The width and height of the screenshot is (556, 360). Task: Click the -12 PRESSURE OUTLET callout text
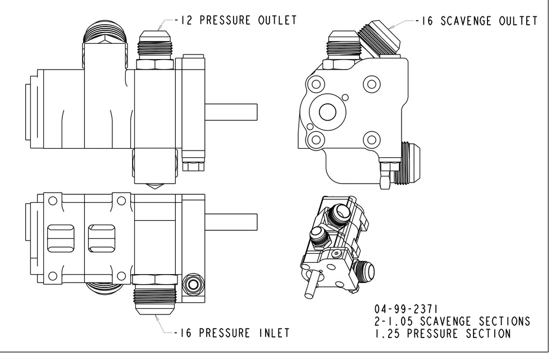[x=235, y=21]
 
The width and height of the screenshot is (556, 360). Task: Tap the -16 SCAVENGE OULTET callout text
[x=476, y=21]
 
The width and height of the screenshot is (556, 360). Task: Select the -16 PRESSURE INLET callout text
[x=231, y=332]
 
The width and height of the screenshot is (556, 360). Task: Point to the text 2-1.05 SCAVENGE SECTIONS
[x=452, y=321]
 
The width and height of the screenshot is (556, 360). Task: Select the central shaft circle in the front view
[x=327, y=112]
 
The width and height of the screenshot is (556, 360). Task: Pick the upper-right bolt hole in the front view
[x=371, y=84]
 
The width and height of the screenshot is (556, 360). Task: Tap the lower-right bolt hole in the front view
[x=371, y=139]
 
